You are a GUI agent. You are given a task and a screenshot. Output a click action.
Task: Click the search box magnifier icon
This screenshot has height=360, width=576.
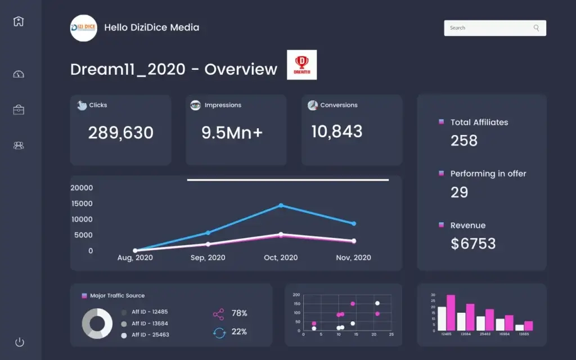click(x=537, y=28)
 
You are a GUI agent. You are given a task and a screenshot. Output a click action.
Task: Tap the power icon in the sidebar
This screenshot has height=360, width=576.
click(x=19, y=342)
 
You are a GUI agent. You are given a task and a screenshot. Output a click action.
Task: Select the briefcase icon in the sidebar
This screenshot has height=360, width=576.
click(x=19, y=110)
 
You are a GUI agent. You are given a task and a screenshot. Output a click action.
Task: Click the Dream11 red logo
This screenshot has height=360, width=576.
click(x=301, y=65)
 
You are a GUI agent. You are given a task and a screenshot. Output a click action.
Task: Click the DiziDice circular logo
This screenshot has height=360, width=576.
click(x=83, y=28)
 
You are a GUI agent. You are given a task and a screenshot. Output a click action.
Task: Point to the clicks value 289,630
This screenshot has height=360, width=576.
click(x=120, y=133)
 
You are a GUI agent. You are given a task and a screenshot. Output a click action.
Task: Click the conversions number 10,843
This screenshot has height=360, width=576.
click(x=336, y=132)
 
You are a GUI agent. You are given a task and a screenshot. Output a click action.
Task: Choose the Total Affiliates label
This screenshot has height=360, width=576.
click(x=479, y=122)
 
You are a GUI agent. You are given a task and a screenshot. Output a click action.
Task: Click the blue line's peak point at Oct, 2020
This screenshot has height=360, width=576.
click(x=281, y=205)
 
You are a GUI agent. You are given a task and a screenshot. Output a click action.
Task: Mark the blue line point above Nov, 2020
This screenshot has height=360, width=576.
click(x=354, y=223)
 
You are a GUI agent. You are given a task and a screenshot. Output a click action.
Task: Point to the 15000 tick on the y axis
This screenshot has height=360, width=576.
click(x=82, y=204)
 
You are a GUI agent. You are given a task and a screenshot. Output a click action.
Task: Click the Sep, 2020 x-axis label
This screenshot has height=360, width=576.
click(x=208, y=258)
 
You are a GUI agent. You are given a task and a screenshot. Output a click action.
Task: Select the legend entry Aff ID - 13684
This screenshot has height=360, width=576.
click(x=150, y=323)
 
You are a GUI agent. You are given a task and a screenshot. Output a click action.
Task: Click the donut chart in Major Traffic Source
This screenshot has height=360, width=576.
click(x=97, y=323)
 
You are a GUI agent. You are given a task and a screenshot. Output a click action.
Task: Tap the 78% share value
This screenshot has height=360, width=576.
click(x=239, y=313)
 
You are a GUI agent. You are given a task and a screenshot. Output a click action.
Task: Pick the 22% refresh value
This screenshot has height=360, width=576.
click(x=239, y=332)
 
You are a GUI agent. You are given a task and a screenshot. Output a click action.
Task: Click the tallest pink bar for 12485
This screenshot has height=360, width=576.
click(x=451, y=313)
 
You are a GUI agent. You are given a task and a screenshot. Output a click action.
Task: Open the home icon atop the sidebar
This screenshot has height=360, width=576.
click(x=19, y=21)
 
